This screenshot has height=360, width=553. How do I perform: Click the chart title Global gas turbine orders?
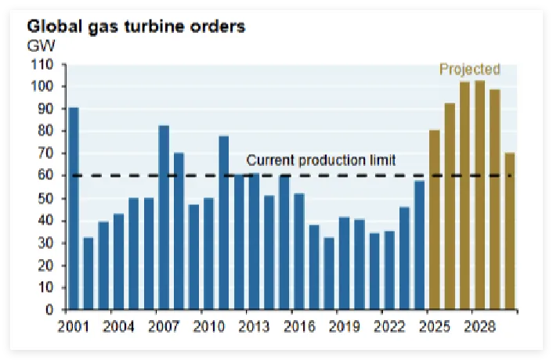[x=137, y=27]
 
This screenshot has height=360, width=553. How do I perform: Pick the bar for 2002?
[x=89, y=273]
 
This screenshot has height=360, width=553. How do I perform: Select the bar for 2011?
[x=224, y=222]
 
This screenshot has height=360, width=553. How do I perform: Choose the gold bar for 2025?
[x=435, y=220]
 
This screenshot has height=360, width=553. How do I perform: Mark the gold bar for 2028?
[x=479, y=195]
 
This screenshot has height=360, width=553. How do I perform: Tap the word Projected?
[x=469, y=69]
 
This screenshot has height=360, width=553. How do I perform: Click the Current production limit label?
[x=321, y=160]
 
